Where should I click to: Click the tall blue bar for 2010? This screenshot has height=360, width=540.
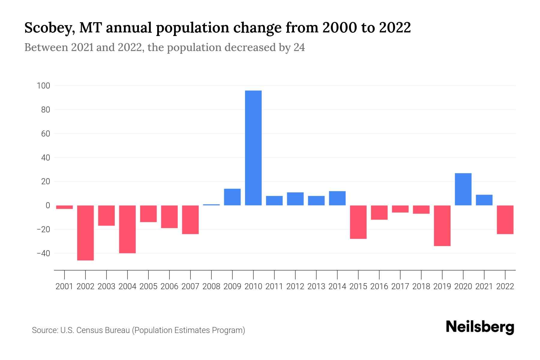click(253, 148)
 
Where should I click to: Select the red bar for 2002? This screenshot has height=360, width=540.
click(85, 232)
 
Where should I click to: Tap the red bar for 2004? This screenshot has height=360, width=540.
click(127, 229)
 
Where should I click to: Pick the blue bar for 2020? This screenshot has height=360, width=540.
click(463, 189)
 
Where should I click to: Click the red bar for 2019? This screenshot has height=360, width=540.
click(442, 226)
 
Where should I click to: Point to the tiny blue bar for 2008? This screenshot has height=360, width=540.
click(211, 205)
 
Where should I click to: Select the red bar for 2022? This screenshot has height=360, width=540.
click(505, 220)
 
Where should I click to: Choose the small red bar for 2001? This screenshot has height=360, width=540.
click(64, 207)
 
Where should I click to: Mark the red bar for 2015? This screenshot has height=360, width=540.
click(358, 222)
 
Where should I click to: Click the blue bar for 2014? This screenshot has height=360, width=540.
click(337, 198)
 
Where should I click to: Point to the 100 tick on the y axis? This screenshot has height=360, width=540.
click(43, 86)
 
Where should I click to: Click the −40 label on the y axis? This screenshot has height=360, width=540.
click(43, 253)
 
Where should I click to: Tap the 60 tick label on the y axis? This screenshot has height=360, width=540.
click(45, 134)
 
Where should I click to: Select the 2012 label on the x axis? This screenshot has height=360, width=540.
click(295, 286)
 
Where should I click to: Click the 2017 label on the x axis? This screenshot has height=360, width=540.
click(400, 286)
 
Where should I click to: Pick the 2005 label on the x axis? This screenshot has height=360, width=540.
click(148, 286)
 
